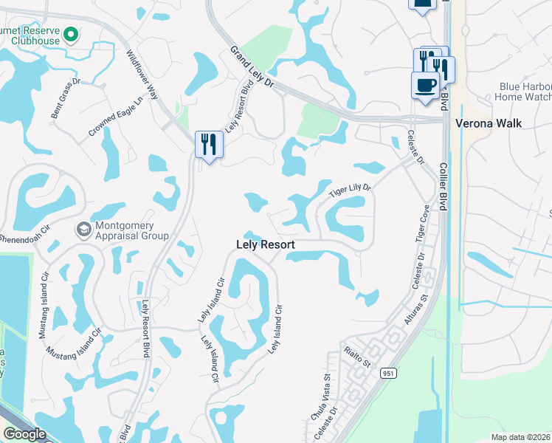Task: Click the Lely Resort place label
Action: (x=266, y=244)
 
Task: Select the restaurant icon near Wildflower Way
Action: (x=209, y=143)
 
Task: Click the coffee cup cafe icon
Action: (x=425, y=84)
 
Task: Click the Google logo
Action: (x=24, y=434)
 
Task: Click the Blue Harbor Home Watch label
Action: (x=523, y=92)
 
